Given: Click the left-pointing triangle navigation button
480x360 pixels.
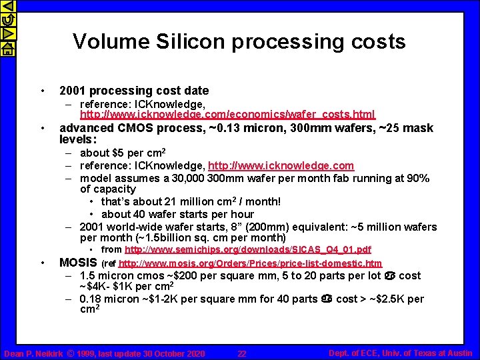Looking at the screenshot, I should [x=7, y=7].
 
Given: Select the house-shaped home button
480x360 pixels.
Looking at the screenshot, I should [x=7, y=48].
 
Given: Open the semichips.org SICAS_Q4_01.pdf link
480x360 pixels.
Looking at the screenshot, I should [x=248, y=250].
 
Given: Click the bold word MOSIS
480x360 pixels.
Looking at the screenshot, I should [x=79, y=262].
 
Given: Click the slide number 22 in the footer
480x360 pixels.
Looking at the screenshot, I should [x=242, y=353].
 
